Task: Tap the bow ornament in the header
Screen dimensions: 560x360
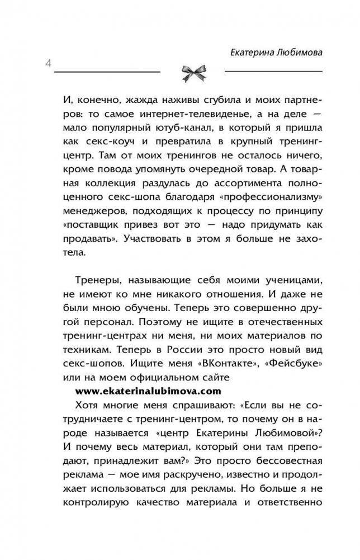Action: pyautogui.click(x=192, y=72)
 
